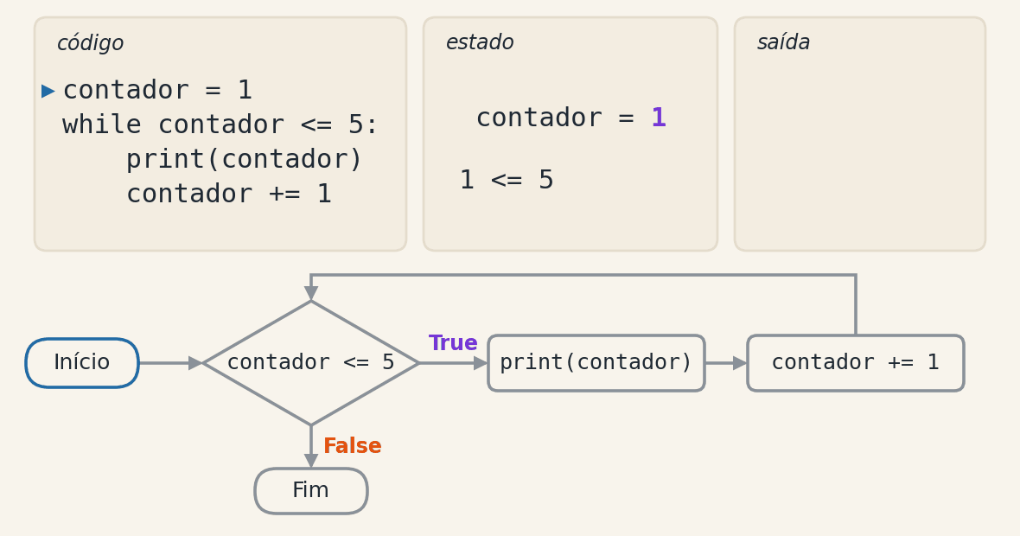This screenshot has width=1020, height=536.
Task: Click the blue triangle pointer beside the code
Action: pos(48,91)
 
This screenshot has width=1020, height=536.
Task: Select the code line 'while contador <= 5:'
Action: pos(220,124)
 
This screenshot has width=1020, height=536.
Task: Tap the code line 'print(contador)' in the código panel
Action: pos(244,159)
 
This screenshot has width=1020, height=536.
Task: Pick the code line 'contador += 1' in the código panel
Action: pos(229,194)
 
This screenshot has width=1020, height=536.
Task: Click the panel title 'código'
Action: pos(90,43)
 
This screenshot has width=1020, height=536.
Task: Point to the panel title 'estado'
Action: pos(480,42)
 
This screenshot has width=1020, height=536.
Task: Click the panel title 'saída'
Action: pos(783,42)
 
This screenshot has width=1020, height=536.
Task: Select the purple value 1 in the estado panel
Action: pos(659,118)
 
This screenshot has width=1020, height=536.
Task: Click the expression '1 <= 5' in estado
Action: pos(507,180)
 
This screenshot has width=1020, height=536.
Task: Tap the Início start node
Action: pos(82,363)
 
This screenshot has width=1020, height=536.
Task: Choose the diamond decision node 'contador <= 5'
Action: pos(311,363)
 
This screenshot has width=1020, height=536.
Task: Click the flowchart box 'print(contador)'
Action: pos(596,363)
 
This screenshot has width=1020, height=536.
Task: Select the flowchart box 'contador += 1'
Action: pos(856,363)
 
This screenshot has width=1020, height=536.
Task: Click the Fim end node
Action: pos(311,491)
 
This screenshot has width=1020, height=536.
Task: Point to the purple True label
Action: pos(453,343)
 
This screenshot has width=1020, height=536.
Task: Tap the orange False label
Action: pos(353,445)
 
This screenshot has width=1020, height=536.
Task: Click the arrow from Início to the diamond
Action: pos(171,363)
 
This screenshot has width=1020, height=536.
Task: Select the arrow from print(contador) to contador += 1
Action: pos(726,363)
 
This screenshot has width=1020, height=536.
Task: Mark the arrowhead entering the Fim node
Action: pos(311,461)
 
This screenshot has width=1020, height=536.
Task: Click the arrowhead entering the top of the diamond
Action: pos(311,293)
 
